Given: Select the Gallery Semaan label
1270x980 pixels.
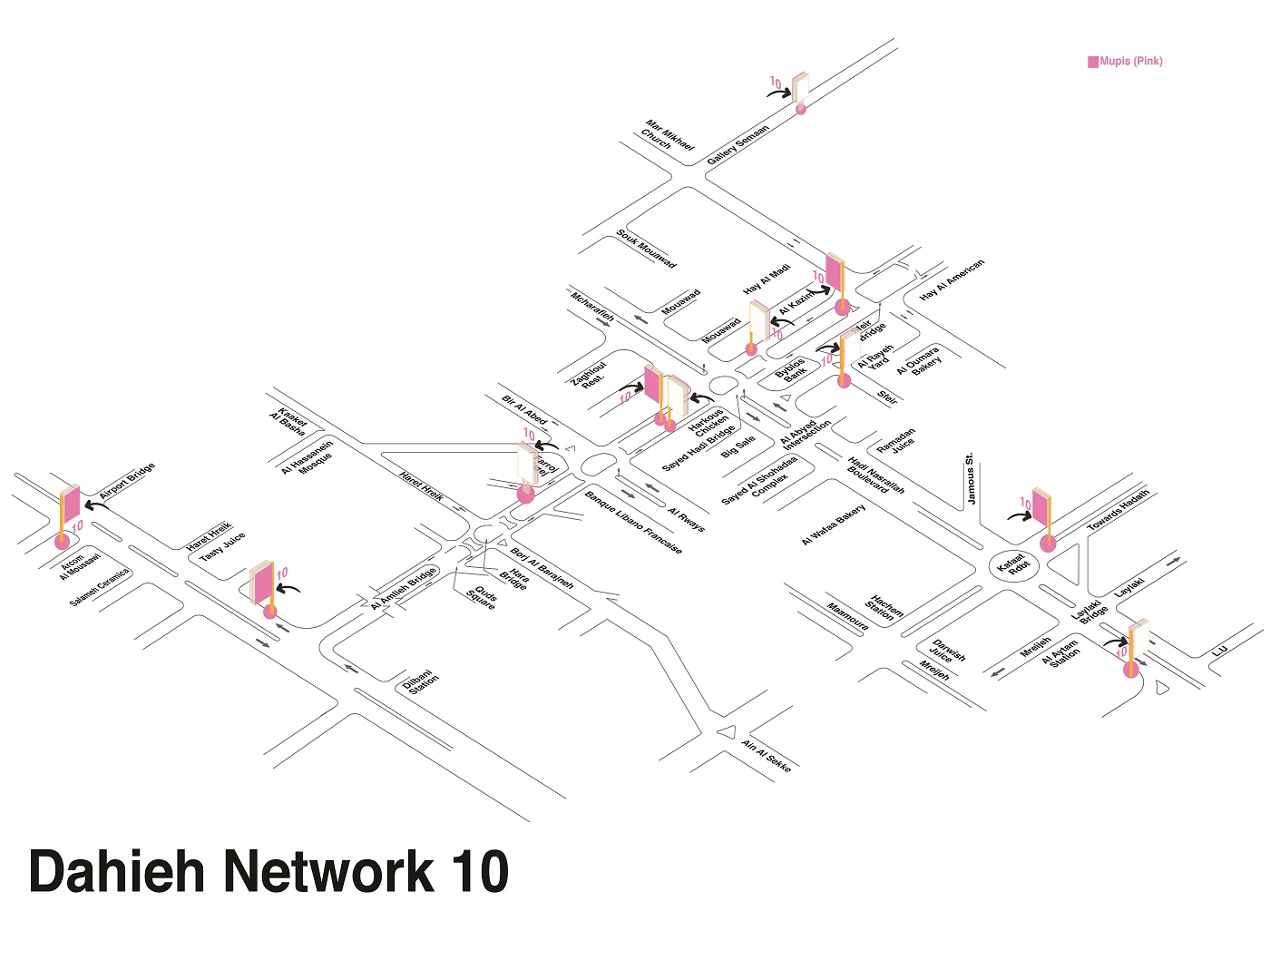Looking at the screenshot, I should tap(738, 143).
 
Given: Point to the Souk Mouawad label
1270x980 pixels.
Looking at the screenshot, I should tap(647, 249).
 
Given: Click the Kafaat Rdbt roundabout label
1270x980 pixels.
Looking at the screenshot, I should tap(1011, 565).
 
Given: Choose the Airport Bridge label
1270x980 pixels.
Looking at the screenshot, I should tap(128, 480).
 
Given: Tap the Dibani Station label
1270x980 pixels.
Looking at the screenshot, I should tap(422, 682).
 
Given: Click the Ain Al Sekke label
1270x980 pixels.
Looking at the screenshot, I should tap(767, 756).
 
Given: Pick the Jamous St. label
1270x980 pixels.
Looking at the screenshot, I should tap(972, 478).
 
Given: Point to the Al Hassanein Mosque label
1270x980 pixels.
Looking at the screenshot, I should tap(308, 457).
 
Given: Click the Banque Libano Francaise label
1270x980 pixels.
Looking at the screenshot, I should tap(633, 523).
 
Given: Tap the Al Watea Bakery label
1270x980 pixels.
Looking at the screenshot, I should tap(833, 524).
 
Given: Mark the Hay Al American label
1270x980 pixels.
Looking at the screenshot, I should tap(952, 280).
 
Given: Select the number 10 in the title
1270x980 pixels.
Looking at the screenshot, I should tap(477, 871).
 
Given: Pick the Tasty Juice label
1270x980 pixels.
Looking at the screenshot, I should tap(222, 546).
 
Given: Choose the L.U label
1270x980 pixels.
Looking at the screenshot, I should tap(1219, 651).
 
